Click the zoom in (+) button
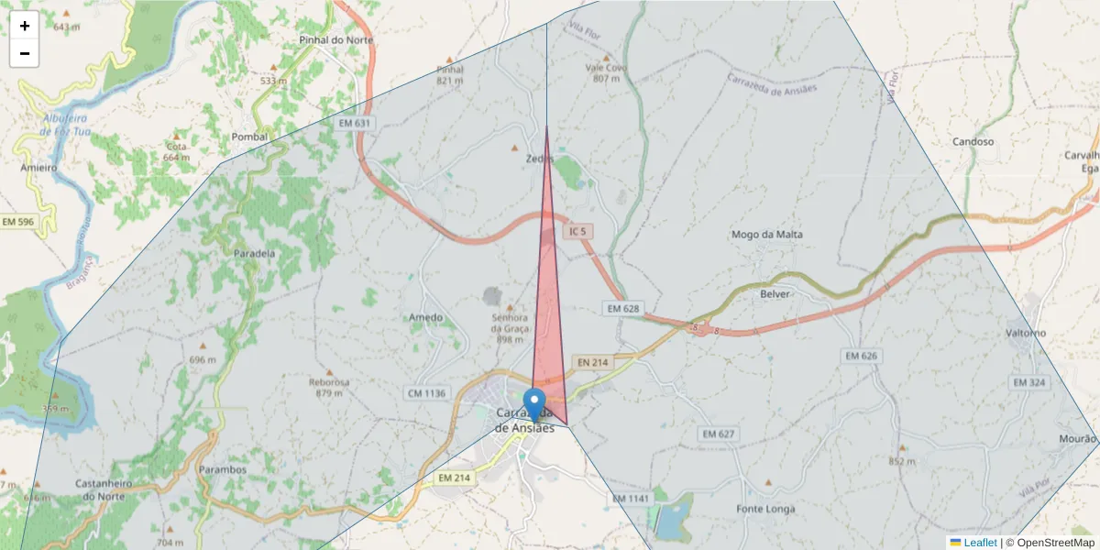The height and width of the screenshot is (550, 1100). click(x=25, y=27)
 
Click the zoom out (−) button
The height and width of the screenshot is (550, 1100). click(x=25, y=53)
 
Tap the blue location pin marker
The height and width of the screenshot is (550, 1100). click(x=533, y=404)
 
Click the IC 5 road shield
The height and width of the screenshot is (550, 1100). click(x=576, y=232)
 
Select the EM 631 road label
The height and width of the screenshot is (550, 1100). click(x=355, y=123)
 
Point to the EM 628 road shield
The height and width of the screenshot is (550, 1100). click(x=622, y=309)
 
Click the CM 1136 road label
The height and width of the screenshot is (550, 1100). click(x=425, y=393)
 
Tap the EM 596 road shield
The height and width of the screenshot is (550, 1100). click(x=18, y=222)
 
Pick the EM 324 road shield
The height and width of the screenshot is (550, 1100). click(x=1029, y=381)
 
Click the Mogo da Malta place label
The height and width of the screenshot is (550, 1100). click(x=767, y=235)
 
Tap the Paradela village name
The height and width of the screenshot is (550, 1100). click(x=254, y=253)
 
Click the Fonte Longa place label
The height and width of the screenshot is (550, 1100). click(x=765, y=509)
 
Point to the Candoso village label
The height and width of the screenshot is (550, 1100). click(x=973, y=142)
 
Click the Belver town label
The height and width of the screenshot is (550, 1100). click(x=775, y=294)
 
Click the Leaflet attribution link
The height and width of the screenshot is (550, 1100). click(x=980, y=543)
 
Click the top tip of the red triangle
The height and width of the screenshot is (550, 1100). click(x=546, y=127)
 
